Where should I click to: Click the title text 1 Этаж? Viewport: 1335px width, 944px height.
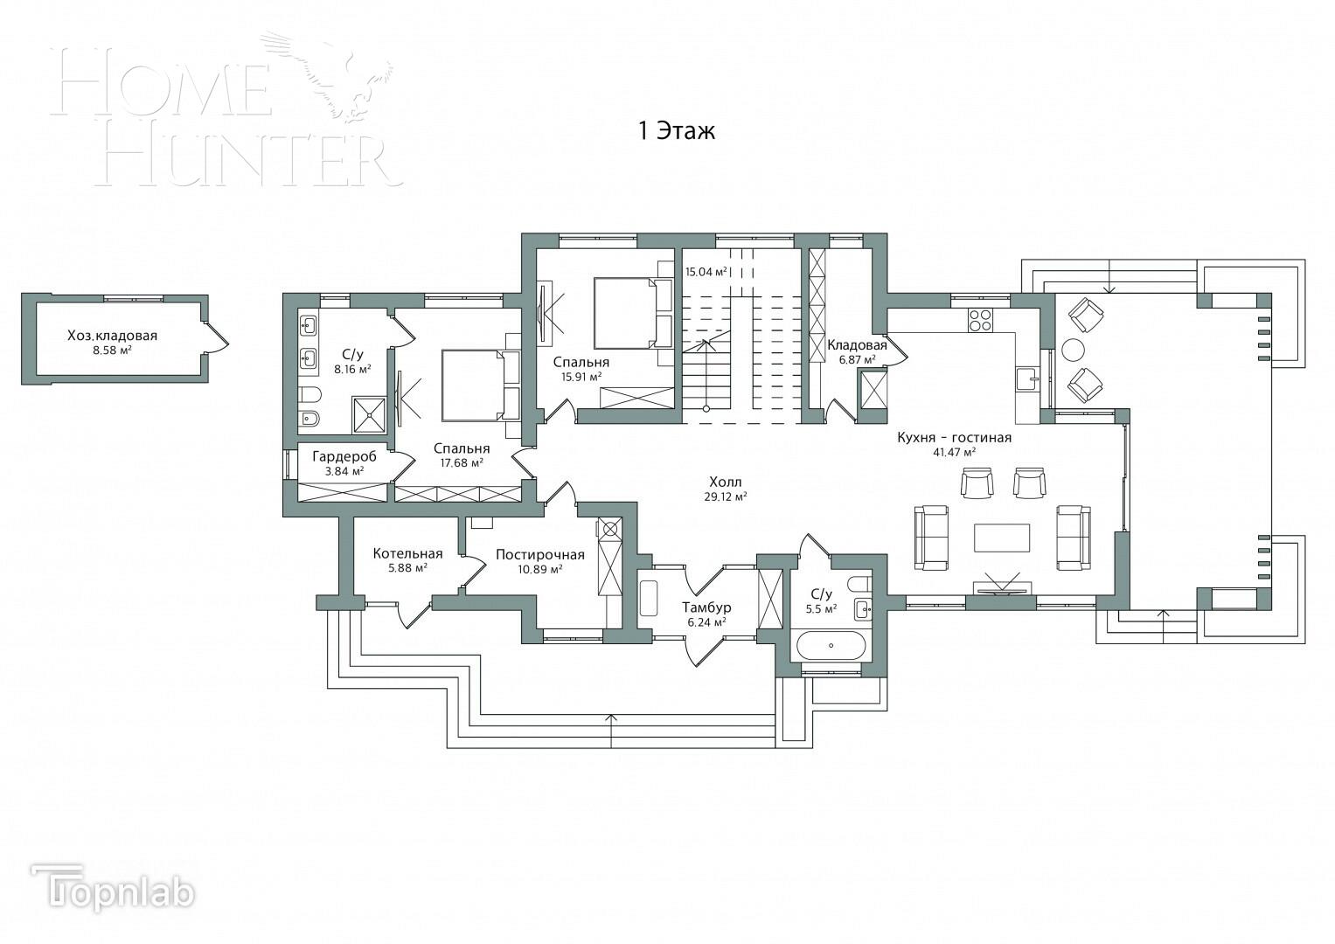[x=676, y=131]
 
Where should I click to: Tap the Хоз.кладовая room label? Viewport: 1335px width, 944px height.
[x=112, y=336]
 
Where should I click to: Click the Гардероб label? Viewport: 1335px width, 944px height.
[x=344, y=456]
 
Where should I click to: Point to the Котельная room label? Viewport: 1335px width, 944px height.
[x=407, y=553]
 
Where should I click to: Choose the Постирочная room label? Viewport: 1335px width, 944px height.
[x=539, y=554]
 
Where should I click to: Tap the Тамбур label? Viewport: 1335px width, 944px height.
[x=706, y=607]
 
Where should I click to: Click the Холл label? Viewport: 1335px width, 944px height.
[x=725, y=482]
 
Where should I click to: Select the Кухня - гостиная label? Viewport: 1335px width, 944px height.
[x=954, y=438]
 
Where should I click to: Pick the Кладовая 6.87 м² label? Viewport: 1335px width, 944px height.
[x=857, y=345]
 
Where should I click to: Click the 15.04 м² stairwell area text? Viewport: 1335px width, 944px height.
[x=706, y=272]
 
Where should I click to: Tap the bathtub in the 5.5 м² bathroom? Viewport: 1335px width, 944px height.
[x=830, y=646]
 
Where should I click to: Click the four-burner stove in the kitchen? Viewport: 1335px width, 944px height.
[x=980, y=321]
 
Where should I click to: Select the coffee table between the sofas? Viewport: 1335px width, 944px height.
[x=1002, y=537]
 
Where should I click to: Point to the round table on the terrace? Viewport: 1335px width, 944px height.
[x=1073, y=350]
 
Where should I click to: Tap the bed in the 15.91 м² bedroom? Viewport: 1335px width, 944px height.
[x=632, y=313]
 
